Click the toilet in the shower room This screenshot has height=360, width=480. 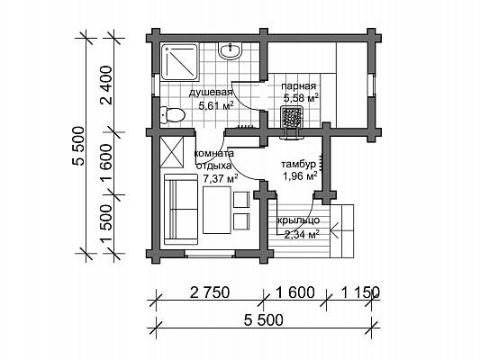[x=173, y=115]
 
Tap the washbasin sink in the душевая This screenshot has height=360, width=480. [x=230, y=50]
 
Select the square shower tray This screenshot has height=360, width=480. [x=179, y=62]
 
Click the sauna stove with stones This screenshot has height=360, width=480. [x=293, y=117]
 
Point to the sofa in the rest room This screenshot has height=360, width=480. [x=181, y=210]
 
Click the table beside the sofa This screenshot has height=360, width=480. [x=217, y=210]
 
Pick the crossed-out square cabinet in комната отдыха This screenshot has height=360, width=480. [x=172, y=152]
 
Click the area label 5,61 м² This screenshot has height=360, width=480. [x=216, y=106]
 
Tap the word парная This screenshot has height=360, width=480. [x=298, y=85]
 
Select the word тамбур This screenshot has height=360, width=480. [x=298, y=164]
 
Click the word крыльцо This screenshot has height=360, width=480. [x=298, y=220]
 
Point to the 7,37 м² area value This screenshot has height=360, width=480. [x=221, y=178]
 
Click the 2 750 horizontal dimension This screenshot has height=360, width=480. [x=210, y=292]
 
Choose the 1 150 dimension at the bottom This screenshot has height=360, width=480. [x=360, y=292]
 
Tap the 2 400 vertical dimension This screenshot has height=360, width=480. [x=106, y=85]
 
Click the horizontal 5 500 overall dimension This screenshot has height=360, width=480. [x=264, y=320]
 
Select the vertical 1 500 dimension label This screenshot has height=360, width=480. [x=106, y=224]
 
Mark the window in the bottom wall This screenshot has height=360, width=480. [x=210, y=254]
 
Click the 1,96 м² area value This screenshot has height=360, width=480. [x=299, y=176]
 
